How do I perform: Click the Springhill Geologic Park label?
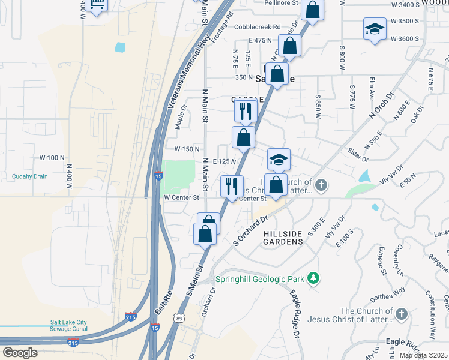click(258, 279)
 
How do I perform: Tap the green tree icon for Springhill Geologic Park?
click(312, 278)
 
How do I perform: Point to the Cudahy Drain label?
click(29, 176)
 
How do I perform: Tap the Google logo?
click(20, 353)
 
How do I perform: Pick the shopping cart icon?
click(96, 5)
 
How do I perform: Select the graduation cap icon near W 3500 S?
click(374, 29)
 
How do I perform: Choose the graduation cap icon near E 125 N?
click(279, 160)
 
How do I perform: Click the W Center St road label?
click(181, 197)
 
